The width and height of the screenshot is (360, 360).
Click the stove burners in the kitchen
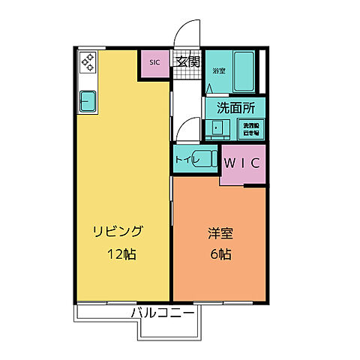pos(88,62)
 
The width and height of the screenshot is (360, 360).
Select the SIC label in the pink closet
pos(155,63)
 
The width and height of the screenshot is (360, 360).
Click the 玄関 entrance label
pos(187,62)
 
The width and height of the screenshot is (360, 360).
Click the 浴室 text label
pos(218,71)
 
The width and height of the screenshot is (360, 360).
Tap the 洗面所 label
pos(235,107)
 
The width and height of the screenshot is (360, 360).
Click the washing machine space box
pos(250,128)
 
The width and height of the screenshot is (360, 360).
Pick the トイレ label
pos(185,159)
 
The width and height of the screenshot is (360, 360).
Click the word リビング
pos(118,230)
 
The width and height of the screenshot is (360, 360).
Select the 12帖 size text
pos(121,254)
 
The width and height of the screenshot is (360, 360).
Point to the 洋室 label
pos(219,232)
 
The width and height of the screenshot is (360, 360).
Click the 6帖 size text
pos(220,254)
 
